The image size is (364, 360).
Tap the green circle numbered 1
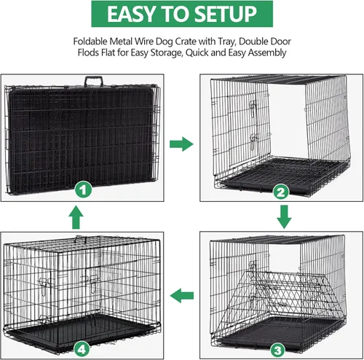click(x=84, y=190)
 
